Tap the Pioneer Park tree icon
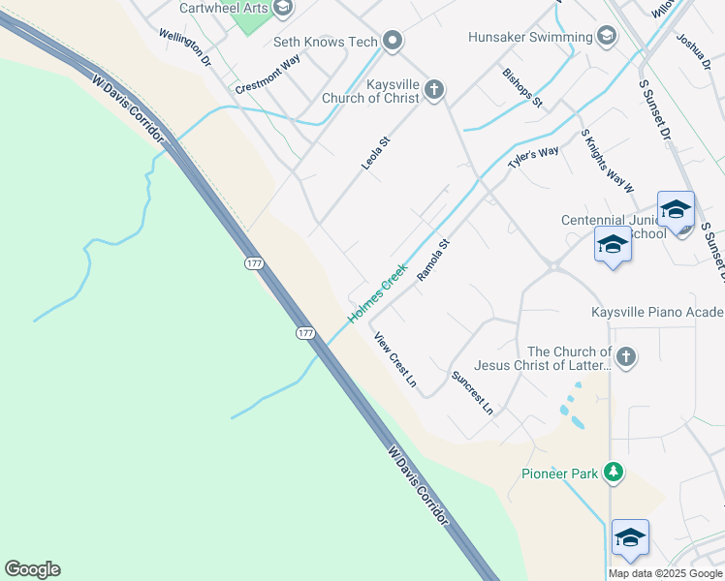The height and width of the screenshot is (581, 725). point(613,473)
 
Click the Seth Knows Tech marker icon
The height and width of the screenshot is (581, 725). point(393,41)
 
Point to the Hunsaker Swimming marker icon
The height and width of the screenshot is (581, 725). point(607,37)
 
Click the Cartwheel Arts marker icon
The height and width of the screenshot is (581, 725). point(283,9)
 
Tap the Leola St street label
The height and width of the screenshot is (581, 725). point(375,154)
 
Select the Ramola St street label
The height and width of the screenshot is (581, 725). point(433,260)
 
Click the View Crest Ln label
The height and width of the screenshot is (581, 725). point(395,360)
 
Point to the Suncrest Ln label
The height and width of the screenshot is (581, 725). point(472,392)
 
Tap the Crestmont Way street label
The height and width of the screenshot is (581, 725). point(268,75)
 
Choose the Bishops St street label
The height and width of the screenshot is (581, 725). point(522,87)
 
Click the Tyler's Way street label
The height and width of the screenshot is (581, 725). point(534,157)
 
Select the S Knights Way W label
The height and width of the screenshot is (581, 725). point(607,161)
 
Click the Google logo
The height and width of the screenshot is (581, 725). point(32,569)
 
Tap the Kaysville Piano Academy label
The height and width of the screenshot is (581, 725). point(657,312)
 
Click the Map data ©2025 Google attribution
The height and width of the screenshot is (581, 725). point(666,573)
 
